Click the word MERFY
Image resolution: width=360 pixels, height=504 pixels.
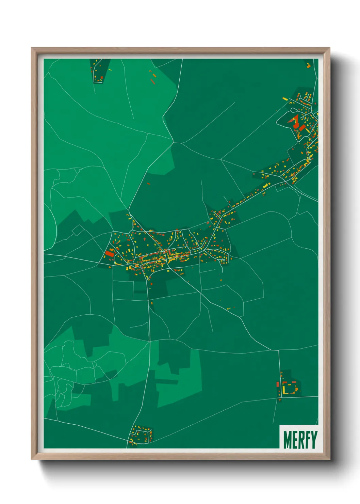pyautogui.click(x=300, y=440)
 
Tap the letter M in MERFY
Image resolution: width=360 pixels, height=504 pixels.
pyautogui.click(x=288, y=440)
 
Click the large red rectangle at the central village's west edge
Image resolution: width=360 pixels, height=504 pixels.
pyautogui.click(x=110, y=254)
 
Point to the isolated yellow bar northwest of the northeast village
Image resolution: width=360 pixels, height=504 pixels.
pyautogui.click(x=285, y=99)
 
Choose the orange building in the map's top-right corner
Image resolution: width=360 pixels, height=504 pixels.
pyautogui.click(x=309, y=66)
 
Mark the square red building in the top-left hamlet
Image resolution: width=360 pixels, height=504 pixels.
pyautogui.click(x=101, y=78)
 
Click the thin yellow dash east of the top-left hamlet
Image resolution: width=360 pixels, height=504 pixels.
pyautogui.click(x=110, y=70)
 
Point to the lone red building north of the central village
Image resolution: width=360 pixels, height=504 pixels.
pyautogui.click(x=148, y=184)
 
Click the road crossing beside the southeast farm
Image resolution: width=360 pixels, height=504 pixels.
pyautogui.click(x=281, y=397)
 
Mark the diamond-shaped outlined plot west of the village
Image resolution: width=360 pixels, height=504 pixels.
pyautogui.click(x=78, y=230)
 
